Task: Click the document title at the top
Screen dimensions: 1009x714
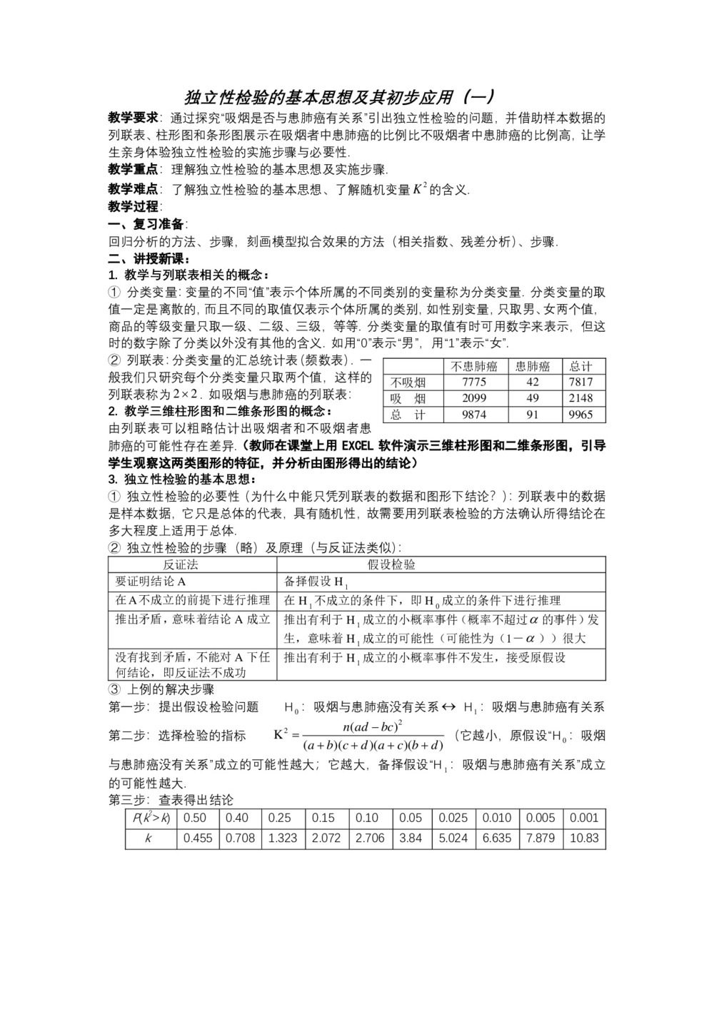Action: (340, 97)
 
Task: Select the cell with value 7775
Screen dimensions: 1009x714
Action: (474, 382)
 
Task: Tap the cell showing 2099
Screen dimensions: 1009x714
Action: (474, 398)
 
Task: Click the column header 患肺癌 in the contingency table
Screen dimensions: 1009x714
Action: (533, 367)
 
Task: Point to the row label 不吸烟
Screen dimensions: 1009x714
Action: (408, 382)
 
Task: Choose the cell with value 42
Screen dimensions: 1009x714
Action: (533, 382)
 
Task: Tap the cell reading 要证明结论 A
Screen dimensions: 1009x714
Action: (151, 581)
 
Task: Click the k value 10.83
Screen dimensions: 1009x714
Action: (584, 838)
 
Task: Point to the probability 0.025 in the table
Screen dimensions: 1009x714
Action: (453, 818)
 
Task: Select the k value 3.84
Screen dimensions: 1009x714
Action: (411, 838)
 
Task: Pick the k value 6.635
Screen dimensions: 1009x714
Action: (497, 838)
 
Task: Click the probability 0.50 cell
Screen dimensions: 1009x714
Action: (195, 818)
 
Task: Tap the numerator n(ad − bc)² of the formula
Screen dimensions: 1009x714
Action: (373, 726)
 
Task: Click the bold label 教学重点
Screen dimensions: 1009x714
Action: (133, 170)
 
